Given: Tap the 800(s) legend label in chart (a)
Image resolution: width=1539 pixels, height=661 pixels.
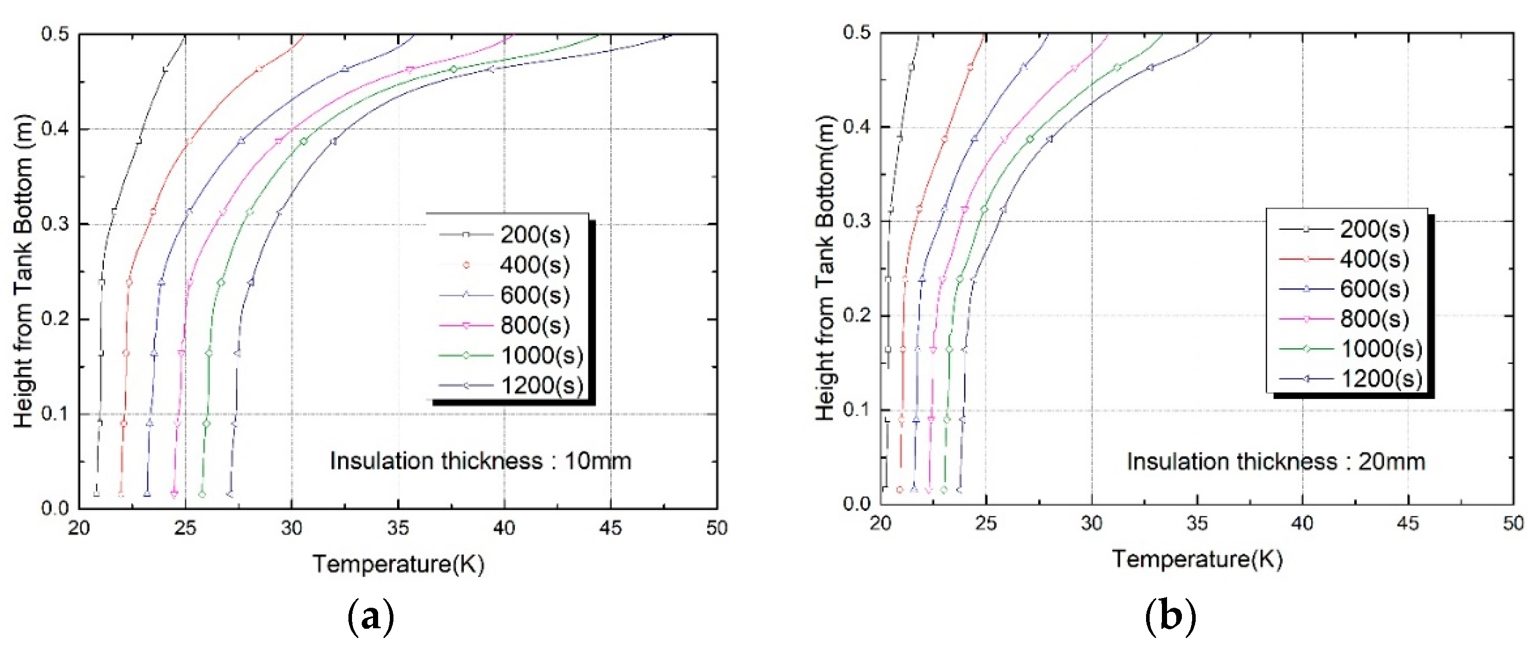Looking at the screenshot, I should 535,326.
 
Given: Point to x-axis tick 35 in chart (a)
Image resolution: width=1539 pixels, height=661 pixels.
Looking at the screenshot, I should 398,528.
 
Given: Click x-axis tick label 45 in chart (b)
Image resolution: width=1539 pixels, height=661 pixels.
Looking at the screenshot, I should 1408,524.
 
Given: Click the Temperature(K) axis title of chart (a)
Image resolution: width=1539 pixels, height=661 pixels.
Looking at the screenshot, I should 398,564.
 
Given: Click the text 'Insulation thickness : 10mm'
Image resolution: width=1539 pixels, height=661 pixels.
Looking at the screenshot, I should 480,461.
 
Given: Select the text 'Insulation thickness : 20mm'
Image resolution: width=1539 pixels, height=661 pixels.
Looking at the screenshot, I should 1276,462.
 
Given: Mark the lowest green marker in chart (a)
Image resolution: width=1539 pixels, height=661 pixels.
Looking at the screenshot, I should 202,494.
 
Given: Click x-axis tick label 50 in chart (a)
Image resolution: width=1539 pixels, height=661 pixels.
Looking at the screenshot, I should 716,528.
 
